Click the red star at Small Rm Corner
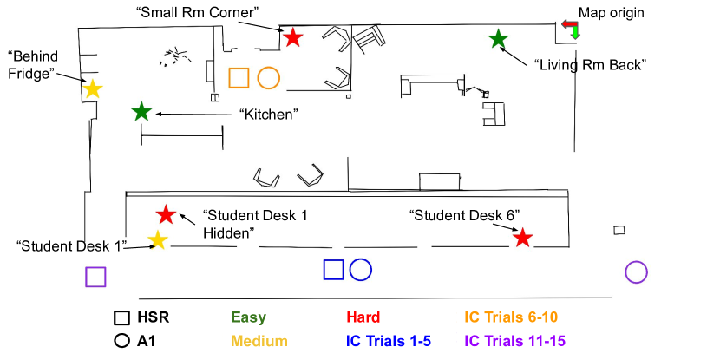pyautogui.click(x=293, y=37)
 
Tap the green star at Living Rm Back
pyautogui.click(x=498, y=39)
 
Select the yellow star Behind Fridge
pyautogui.click(x=92, y=88)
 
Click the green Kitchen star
pyautogui.click(x=141, y=112)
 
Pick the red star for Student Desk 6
pyautogui.click(x=521, y=238)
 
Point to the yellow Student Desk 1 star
pyautogui.click(x=157, y=240)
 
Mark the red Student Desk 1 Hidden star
pyautogui.click(x=166, y=215)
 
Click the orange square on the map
pyautogui.click(x=239, y=77)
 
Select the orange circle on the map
pyautogui.click(x=268, y=77)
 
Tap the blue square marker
pyautogui.click(x=333, y=270)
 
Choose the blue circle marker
pyautogui.click(x=360, y=270)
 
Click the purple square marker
pyautogui.click(x=95, y=277)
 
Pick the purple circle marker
pyautogui.click(x=636, y=272)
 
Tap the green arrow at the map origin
pyautogui.click(x=575, y=33)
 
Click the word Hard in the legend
pyautogui.click(x=363, y=317)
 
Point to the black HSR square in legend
pyautogui.click(x=121, y=318)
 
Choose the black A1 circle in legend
pyautogui.click(x=121, y=340)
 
